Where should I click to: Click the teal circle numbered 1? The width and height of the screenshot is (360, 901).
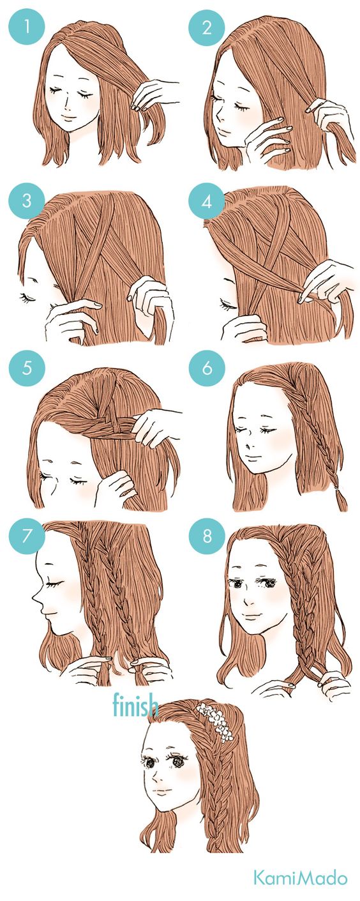(x=27, y=27)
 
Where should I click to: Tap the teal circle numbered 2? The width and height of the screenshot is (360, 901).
(x=207, y=27)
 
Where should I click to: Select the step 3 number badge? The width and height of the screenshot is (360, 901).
(x=27, y=201)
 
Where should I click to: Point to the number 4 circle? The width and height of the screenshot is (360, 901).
(x=207, y=201)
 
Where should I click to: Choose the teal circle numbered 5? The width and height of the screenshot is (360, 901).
(x=27, y=368)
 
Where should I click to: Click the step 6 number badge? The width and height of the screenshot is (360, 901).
(x=207, y=368)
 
